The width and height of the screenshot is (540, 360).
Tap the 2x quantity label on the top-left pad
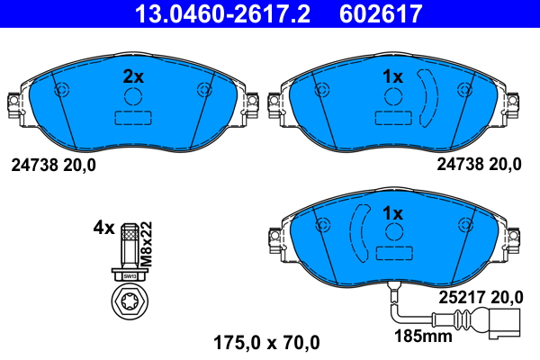coord(132,77)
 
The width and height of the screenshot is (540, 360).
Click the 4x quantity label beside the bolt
coord(104,228)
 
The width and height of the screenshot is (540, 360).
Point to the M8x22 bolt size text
coord(147,240)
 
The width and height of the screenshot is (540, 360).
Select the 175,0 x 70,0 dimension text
coord(265,342)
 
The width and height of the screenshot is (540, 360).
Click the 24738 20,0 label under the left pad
coord(52,165)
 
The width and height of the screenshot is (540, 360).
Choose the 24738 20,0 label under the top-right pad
coord(479,165)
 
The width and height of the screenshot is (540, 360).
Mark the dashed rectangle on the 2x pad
coord(132,119)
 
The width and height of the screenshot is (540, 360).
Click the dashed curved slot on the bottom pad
coord(359,236)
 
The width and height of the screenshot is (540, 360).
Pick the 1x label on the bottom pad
coord(392,214)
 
